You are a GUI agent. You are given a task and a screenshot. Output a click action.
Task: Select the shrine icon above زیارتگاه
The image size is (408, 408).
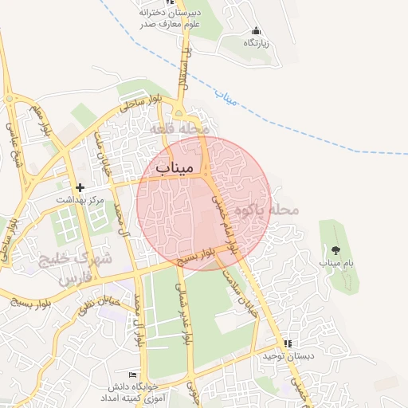coord(255,30)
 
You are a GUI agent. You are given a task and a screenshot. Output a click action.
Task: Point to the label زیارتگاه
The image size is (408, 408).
coord(255,42)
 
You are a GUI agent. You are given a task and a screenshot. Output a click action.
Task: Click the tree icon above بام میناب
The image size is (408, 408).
coord(335,250)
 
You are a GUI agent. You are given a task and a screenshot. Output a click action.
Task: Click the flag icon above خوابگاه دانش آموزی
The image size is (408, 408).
coord(132,375)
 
